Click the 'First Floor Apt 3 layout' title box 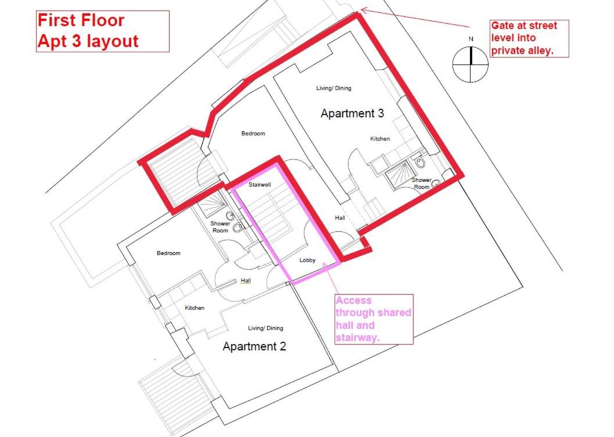point(103,31)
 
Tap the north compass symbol point(471,65)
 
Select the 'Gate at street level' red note point(529,38)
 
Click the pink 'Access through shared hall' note point(374,319)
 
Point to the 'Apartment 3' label point(352,113)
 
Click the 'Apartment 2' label point(254,346)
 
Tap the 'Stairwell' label point(260,185)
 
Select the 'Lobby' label point(307,260)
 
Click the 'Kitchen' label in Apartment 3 point(380,139)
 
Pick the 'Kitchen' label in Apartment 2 point(195,308)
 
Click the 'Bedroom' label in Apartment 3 point(253,134)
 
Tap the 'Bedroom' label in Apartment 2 point(168,253)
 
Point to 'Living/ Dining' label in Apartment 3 point(333,88)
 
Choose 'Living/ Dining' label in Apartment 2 point(265,328)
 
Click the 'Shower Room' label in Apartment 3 point(421,183)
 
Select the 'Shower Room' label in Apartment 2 point(220,227)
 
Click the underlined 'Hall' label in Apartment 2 point(246,281)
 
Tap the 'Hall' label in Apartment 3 point(340,218)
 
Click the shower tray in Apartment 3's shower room point(397,175)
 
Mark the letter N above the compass point(471,39)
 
